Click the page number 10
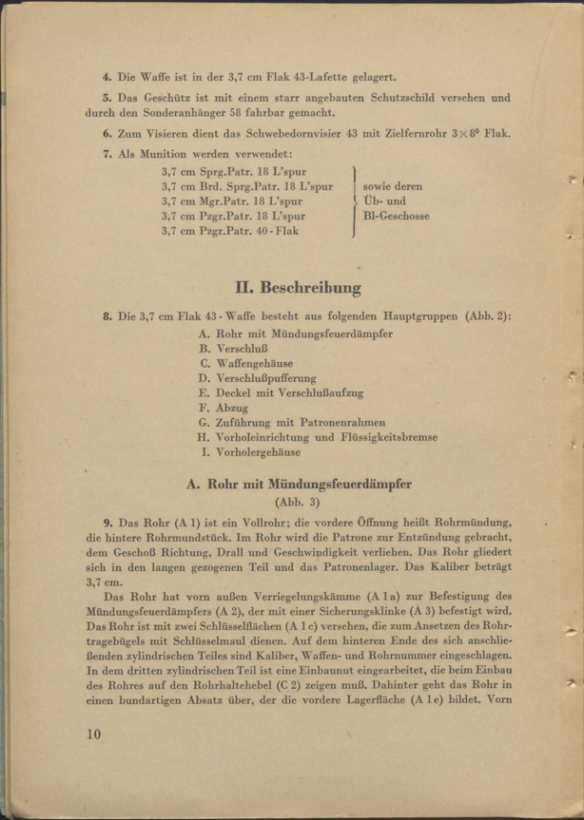click(x=92, y=734)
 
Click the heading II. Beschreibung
click(x=298, y=286)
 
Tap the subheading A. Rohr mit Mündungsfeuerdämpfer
click(x=299, y=484)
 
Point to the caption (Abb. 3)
click(x=298, y=502)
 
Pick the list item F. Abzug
click(x=224, y=407)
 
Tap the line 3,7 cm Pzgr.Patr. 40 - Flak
click(x=230, y=231)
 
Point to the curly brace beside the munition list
click(x=355, y=201)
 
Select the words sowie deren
click(x=393, y=187)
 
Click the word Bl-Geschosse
click(x=396, y=217)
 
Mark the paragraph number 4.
click(x=107, y=76)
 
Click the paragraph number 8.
click(x=107, y=315)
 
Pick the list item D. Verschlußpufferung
click(x=258, y=378)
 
